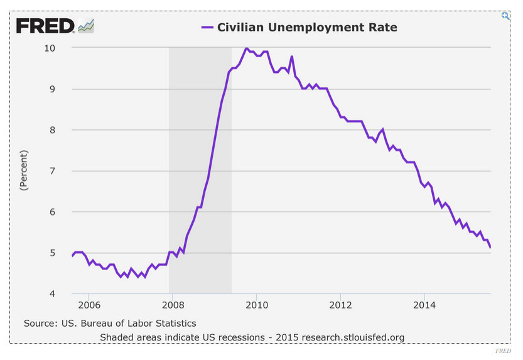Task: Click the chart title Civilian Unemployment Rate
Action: pos(307,27)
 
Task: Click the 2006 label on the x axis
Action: pos(89,306)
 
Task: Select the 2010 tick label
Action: pos(256,306)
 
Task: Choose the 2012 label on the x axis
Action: pos(340,306)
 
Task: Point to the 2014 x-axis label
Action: pos(424,306)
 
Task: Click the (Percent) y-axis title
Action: pos(24,170)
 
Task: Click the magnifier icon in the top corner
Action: pos(505,16)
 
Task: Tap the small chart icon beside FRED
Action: pos(85,26)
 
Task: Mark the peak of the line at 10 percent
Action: pos(246,48)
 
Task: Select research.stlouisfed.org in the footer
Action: pos(352,337)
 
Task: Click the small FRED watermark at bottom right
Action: pos(503,351)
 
